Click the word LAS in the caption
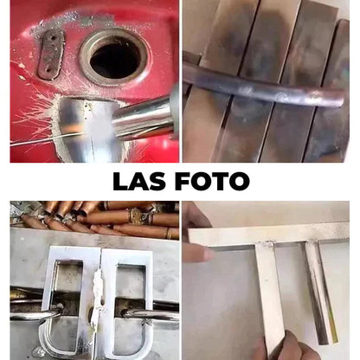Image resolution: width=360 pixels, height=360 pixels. coord(139,181)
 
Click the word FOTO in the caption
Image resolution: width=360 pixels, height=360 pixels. coord(212,181)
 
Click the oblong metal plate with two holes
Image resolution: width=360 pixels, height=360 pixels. coord(51,55)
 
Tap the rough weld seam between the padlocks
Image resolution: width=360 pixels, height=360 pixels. coord(98,300)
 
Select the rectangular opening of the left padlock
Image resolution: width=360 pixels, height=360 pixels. coord(68,287)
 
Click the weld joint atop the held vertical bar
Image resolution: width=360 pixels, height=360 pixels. coord(267,245)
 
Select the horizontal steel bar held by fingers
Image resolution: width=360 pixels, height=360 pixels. coord(269,234)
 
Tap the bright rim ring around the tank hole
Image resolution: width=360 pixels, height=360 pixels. coord(115,57)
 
